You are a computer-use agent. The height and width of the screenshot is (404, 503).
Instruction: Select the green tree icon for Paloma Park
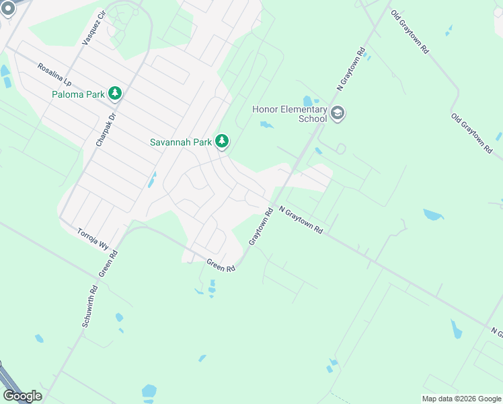point(115,94)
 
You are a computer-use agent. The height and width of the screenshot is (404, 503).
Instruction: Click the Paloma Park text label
point(78,94)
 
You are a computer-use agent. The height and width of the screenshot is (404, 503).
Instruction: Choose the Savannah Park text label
point(181,142)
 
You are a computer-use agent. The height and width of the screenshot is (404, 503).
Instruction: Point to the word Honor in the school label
point(265,110)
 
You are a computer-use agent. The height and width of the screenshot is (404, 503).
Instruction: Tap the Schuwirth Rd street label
point(90,306)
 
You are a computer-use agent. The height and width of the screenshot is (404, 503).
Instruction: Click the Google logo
point(22,395)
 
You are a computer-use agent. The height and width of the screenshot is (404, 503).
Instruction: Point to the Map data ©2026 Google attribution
point(461,399)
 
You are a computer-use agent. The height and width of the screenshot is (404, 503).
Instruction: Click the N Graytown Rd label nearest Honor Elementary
point(352,69)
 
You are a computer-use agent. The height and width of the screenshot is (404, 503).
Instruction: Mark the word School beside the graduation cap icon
point(313,119)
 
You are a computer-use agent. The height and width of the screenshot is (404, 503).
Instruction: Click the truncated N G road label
point(497,333)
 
